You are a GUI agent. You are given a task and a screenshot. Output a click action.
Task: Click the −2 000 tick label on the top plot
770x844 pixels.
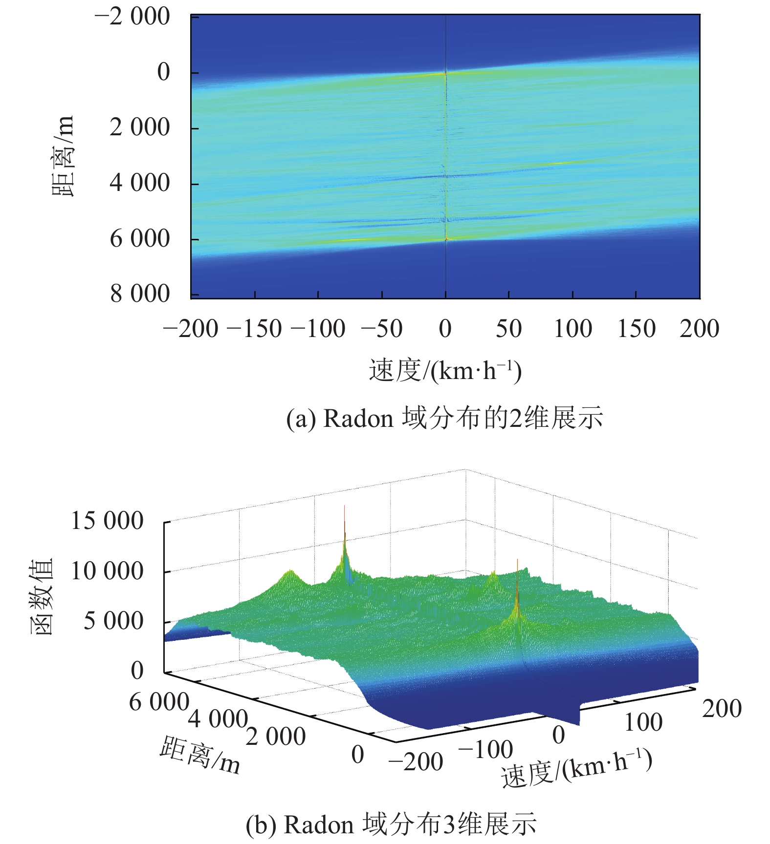[x=132, y=17]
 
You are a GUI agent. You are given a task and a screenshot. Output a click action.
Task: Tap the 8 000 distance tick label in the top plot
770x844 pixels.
[x=140, y=294]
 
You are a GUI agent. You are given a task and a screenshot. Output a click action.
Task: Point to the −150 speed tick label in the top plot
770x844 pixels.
[x=255, y=329]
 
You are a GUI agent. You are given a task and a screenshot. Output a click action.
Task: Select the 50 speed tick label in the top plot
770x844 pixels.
[x=508, y=329]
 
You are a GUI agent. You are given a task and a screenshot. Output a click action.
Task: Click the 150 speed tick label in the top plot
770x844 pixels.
[x=636, y=329]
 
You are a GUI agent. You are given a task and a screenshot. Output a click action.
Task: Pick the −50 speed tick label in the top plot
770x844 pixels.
[x=381, y=329]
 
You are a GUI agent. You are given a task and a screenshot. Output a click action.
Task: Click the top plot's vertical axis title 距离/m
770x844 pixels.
[x=63, y=155]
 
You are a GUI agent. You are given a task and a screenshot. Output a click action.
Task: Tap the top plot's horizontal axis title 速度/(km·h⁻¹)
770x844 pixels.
[x=445, y=370]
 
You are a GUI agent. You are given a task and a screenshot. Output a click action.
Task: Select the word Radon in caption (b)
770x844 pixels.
[x=319, y=825]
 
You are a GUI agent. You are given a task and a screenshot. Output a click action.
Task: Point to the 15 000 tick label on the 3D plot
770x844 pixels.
[x=107, y=521]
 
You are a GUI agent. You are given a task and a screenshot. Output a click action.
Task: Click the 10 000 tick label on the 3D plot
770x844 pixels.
[x=107, y=571]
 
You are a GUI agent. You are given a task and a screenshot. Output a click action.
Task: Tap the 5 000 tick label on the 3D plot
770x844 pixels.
[x=113, y=621]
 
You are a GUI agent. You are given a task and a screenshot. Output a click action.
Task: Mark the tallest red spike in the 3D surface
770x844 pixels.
[x=345, y=510]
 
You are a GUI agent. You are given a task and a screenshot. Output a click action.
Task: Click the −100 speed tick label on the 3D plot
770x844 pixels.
[x=485, y=750]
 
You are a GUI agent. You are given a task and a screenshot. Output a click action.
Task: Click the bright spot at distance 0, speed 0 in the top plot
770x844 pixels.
[x=445, y=73]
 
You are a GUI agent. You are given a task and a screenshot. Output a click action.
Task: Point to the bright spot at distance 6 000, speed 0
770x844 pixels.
[x=446, y=239]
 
